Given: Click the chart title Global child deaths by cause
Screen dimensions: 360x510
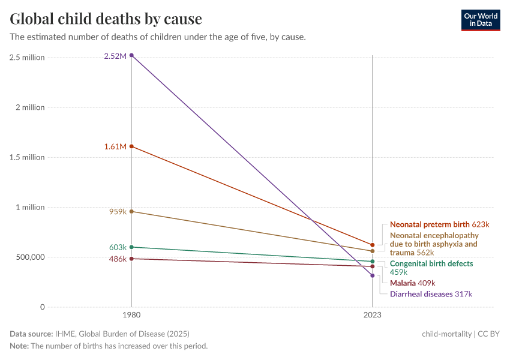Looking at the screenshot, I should tap(106, 19).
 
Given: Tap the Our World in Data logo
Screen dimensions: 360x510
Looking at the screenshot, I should tap(481, 20).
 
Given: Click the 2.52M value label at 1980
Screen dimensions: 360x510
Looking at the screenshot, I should tap(115, 56).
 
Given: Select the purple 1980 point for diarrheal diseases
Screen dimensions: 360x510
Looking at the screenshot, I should tap(131, 55).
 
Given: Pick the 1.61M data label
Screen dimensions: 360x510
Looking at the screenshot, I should tap(115, 146).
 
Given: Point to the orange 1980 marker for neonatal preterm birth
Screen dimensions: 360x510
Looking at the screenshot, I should tap(131, 146).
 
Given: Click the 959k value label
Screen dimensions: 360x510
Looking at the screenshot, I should tap(117, 212).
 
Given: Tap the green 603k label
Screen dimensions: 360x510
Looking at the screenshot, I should tap(117, 247).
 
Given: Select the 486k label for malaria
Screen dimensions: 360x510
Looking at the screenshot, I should tap(117, 259).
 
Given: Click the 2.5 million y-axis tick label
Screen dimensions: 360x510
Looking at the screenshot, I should tap(27, 58).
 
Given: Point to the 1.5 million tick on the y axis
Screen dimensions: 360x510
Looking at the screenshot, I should tap(27, 157).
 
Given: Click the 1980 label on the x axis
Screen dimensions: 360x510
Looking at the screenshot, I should tap(131, 314).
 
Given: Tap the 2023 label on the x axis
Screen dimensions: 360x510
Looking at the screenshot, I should tap(373, 314).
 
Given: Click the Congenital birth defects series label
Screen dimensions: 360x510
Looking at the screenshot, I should tap(431, 264).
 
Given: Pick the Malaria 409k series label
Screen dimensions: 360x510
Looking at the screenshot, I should tap(412, 283).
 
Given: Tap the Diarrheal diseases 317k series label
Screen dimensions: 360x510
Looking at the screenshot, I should tap(431, 294).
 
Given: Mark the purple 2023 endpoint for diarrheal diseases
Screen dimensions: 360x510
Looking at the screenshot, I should tap(373, 275).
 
